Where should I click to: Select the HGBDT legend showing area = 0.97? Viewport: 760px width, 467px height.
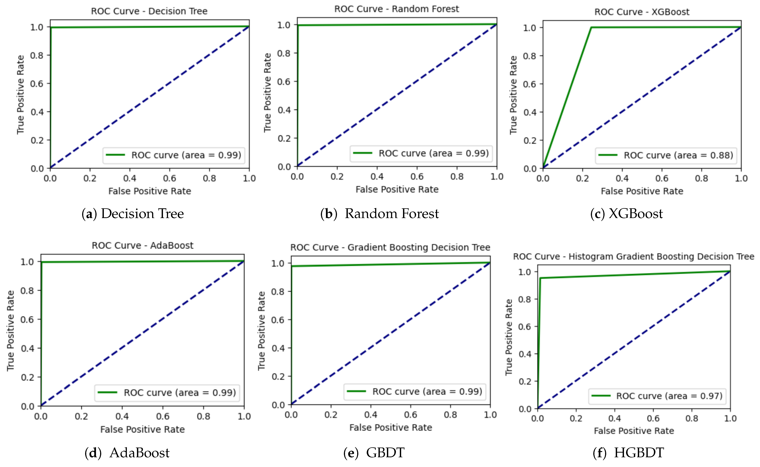pyautogui.click(x=657, y=396)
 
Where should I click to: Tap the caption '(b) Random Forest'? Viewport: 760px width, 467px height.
pyautogui.click(x=380, y=214)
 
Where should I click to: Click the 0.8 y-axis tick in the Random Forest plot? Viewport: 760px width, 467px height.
pyautogui.click(x=284, y=53)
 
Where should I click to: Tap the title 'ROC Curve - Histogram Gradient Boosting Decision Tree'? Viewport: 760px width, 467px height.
pyautogui.click(x=634, y=257)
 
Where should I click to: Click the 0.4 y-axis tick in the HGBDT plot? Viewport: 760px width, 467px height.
pyautogui.click(x=525, y=354)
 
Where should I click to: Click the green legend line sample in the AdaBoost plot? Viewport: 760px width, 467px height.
pyautogui.click(x=107, y=393)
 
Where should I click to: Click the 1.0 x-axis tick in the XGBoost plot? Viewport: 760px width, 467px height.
pyautogui.click(x=741, y=179)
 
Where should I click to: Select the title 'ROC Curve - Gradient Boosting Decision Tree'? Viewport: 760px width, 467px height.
pyautogui.click(x=390, y=248)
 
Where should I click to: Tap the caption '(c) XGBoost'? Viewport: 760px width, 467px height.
pyautogui.click(x=626, y=214)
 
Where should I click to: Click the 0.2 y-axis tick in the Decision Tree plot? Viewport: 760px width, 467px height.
pyautogui.click(x=37, y=141)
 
